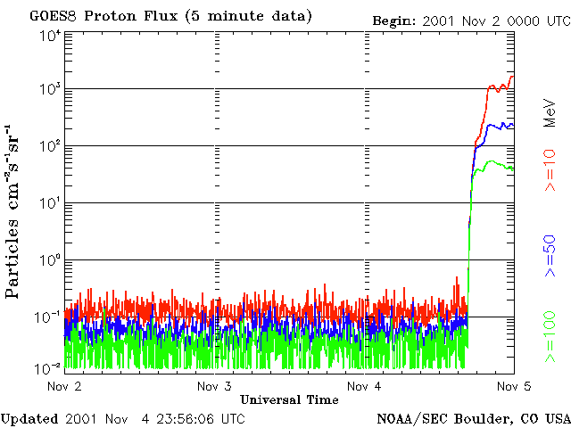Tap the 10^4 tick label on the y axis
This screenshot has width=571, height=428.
50,36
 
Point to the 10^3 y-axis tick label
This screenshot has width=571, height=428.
50,90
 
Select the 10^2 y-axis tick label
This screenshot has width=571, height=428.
50,147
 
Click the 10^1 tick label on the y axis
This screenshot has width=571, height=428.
50,204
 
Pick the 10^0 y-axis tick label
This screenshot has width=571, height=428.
50,261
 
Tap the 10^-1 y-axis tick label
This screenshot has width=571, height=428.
48,317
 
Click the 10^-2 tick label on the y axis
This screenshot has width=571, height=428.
48,367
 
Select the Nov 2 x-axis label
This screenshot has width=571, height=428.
64,386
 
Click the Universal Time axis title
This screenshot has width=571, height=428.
289,399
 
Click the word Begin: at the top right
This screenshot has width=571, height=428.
393,20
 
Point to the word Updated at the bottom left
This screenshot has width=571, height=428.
29,418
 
